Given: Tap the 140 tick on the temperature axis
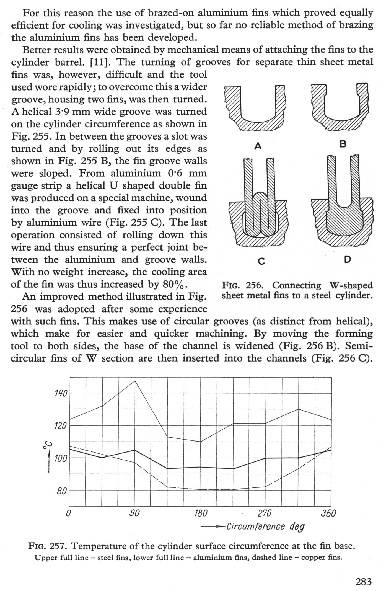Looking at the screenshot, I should click(61, 393).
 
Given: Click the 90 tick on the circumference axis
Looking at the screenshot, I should click(134, 513).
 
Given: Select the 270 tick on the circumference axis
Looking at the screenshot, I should click(265, 513).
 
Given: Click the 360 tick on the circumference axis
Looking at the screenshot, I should click(328, 513).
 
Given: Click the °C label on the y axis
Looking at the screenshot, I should click(47, 445).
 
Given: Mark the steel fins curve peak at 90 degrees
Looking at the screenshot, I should click(135, 381).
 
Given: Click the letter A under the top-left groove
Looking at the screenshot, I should click(258, 146).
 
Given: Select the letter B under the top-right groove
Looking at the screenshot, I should click(343, 144).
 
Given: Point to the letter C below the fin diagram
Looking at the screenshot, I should click(261, 261).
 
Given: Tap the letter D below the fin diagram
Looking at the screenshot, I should click(348, 259).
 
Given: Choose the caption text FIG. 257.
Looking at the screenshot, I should click(48, 546).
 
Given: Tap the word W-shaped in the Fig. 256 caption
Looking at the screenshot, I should click(351, 285).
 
